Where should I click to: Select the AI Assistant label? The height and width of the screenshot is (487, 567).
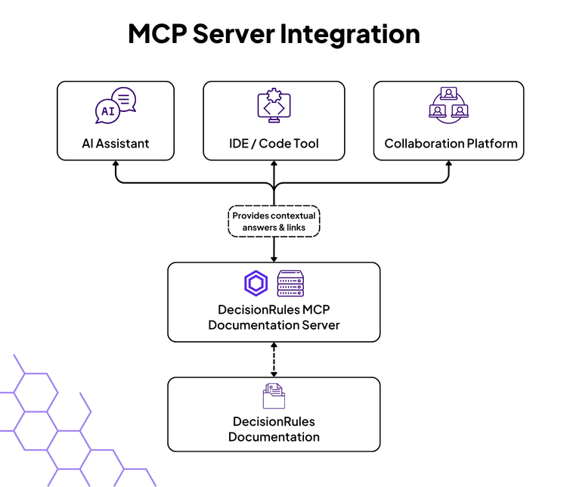(x=116, y=143)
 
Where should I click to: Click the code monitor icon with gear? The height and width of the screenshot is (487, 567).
(x=274, y=107)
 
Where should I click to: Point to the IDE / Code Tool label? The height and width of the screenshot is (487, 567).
(x=274, y=143)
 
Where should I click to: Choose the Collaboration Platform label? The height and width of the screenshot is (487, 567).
(x=451, y=143)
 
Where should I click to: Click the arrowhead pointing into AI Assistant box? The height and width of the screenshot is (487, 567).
(x=116, y=166)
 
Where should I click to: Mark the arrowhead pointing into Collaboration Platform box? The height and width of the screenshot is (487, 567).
(x=449, y=166)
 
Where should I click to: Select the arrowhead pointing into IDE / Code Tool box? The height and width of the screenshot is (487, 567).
(x=274, y=166)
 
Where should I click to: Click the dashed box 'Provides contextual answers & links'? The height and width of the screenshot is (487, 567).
(x=274, y=221)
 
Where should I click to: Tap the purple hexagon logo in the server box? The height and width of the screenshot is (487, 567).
(x=256, y=284)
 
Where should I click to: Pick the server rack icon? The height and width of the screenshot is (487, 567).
(x=290, y=284)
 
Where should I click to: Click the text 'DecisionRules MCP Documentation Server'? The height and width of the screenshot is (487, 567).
(x=274, y=318)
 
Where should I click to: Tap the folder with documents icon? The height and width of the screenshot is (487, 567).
(x=274, y=396)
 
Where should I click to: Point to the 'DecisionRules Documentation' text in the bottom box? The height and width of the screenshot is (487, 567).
(x=274, y=429)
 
